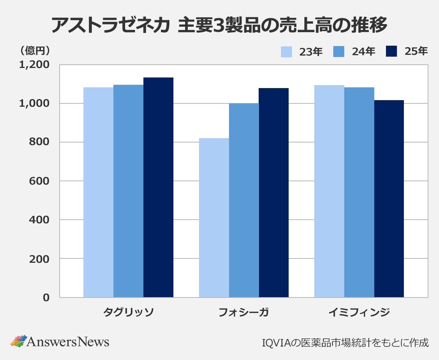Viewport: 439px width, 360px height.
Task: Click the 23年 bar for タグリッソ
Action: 98,192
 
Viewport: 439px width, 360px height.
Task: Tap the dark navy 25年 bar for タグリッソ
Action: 158,187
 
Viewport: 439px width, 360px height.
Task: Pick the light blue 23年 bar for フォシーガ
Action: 214,218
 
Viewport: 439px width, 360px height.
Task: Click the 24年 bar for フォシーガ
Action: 244,200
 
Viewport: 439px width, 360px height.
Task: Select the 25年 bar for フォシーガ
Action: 274,193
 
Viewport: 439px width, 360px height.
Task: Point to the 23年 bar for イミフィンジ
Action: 329,191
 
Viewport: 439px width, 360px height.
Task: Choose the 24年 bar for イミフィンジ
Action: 359,192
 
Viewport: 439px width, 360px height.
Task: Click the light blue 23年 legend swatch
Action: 286,52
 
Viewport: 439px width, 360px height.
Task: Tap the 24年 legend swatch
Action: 339,52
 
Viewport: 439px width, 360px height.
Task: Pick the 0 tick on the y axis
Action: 46,298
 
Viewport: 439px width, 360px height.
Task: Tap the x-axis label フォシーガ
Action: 244,312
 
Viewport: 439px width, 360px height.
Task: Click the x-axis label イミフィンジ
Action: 359,312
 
